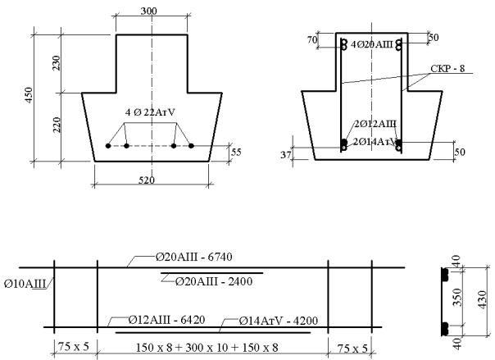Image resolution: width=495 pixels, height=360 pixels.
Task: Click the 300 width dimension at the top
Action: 148,11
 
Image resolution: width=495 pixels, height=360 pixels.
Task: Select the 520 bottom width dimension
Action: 147,180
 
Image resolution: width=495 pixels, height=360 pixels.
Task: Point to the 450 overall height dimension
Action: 29,95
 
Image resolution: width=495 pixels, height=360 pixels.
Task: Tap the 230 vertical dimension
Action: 56,63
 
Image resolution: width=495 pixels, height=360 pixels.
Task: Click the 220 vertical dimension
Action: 56,125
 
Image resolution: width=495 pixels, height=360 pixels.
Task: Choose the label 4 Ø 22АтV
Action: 150,112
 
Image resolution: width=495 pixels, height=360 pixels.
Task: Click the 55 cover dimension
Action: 236,153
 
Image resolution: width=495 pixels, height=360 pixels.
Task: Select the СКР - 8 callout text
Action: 447,69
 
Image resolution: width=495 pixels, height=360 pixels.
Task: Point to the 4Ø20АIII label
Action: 372,44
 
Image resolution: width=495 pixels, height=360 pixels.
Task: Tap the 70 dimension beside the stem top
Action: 312,40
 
